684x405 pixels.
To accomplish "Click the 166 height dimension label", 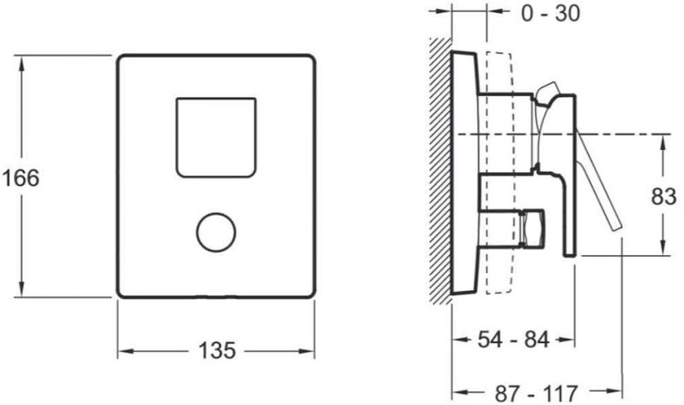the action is pos(21,178).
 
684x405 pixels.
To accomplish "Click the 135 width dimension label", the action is pos(217,350).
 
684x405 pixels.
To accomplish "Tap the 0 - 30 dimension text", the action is pos(550,13).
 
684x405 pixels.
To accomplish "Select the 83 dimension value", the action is pos(663,197).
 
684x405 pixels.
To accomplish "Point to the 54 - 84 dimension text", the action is pos(513,339).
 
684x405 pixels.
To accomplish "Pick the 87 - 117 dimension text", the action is pos(536,393).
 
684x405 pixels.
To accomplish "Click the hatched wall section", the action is pos(441,171).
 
